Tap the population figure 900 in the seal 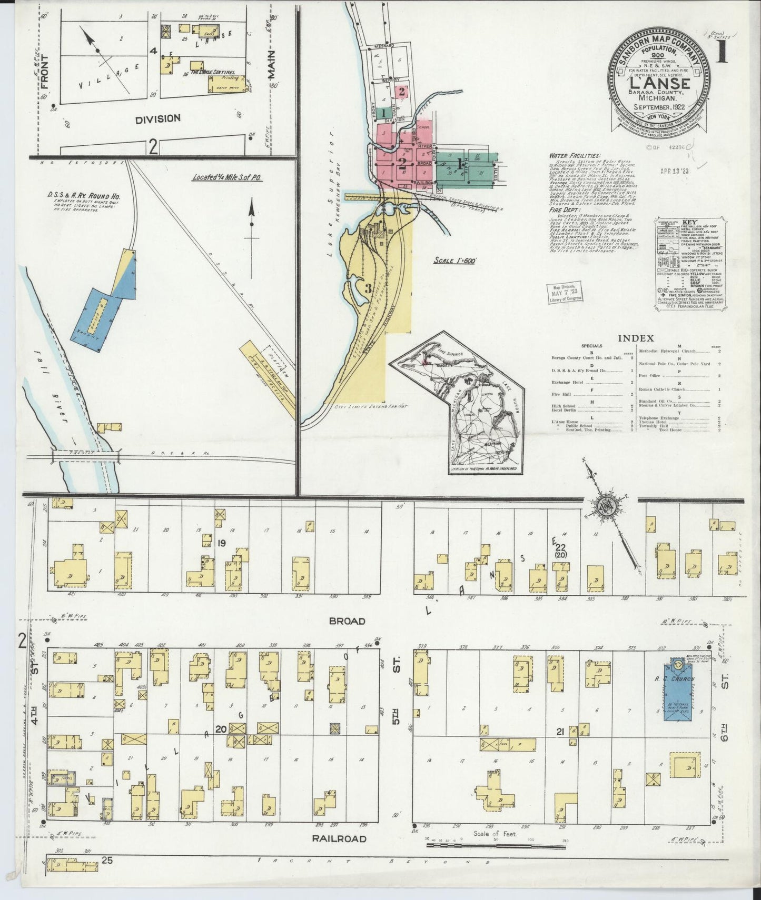tap(658, 55)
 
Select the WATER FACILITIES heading tap(574, 156)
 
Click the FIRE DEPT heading tap(562, 209)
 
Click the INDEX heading tap(636, 338)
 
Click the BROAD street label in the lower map tap(347, 621)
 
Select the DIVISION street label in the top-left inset tap(157, 118)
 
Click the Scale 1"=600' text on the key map tap(455, 261)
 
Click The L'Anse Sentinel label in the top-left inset tap(213, 72)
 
